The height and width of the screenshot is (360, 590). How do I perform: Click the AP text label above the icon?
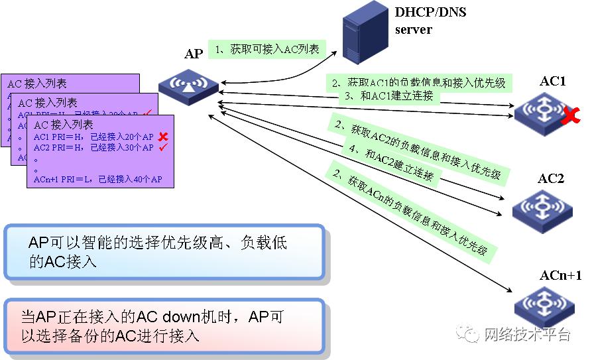pyautogui.click(x=193, y=54)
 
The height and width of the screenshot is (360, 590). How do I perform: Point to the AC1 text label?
pyautogui.click(x=552, y=82)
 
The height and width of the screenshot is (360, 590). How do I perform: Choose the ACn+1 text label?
pyautogui.click(x=560, y=275)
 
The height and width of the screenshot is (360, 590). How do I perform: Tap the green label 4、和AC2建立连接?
pyautogui.click(x=392, y=162)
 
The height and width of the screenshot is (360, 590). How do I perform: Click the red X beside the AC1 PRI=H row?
pyautogui.click(x=162, y=137)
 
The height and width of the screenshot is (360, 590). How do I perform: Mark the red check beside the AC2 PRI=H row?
pyautogui.click(x=162, y=147)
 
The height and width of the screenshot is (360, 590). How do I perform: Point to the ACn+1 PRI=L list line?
pyautogui.click(x=98, y=180)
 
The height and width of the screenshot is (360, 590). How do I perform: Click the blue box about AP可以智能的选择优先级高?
pyautogui.click(x=164, y=253)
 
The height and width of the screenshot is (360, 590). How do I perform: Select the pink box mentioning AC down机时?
pyautogui.click(x=164, y=326)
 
